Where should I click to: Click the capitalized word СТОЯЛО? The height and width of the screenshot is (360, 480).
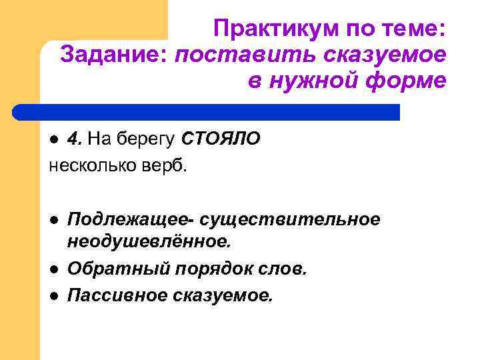point(221,139)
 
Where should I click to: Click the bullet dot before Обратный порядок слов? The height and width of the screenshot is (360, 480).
point(56,269)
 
